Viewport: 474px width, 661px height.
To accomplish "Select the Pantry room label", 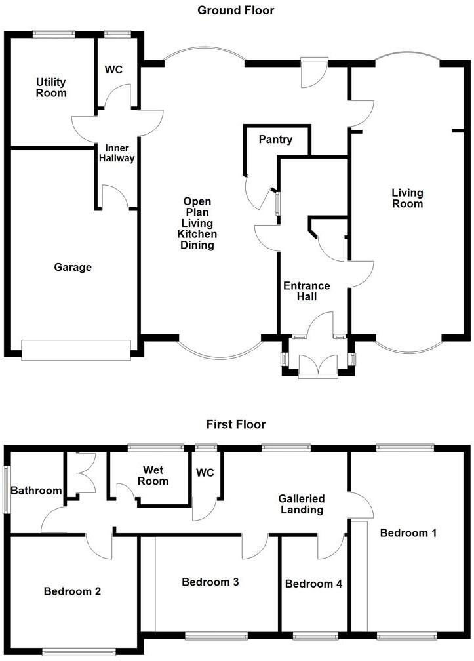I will click(275, 140).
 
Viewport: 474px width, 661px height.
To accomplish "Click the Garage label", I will click(73, 268).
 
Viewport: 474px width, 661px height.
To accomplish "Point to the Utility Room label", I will click(51, 87).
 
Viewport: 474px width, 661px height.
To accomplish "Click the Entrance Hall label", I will click(306, 291).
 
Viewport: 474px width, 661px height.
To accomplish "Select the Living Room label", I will click(407, 198).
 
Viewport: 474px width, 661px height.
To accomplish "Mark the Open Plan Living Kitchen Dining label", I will click(199, 224).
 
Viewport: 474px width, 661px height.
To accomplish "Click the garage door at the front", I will click(76, 350).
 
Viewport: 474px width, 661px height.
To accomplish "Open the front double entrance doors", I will click(317, 366).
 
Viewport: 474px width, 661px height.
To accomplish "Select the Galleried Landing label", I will click(300, 504).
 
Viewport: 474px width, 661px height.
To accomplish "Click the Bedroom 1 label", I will click(408, 533).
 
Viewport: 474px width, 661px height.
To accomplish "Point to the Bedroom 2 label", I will click(72, 591).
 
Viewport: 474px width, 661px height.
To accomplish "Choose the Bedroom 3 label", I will click(210, 582).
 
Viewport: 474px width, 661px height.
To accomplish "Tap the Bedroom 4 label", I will click(313, 584).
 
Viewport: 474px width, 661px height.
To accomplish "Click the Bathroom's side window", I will click(7, 490).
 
